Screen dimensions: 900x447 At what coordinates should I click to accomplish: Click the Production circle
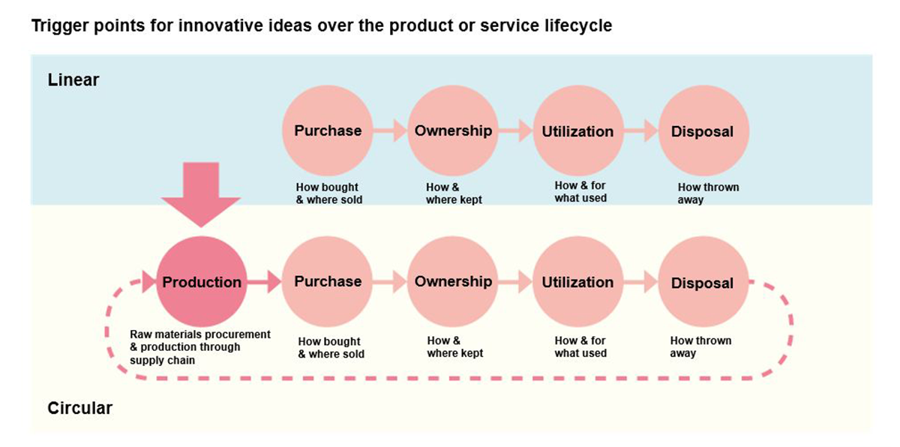pyautogui.click(x=201, y=281)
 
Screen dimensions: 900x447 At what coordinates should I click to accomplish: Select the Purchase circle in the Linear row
pyautogui.click(x=328, y=130)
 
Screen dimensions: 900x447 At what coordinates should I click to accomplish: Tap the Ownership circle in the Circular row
pyautogui.click(x=453, y=281)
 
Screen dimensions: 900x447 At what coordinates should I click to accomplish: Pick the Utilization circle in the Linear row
pyautogui.click(x=578, y=130)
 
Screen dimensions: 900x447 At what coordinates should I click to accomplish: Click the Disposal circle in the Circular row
pyautogui.click(x=703, y=281)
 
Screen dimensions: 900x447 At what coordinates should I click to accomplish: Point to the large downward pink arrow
pyautogui.click(x=201, y=194)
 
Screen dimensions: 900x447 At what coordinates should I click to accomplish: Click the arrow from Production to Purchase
pyautogui.click(x=264, y=281)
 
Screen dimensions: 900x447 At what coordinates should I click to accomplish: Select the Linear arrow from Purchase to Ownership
pyautogui.click(x=390, y=130)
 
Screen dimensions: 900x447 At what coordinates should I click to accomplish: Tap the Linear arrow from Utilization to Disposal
pyautogui.click(x=640, y=130)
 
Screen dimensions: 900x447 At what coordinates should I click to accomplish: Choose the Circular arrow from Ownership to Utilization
pyautogui.click(x=515, y=281)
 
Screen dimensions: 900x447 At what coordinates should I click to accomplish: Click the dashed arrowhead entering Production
pyautogui.click(x=149, y=281)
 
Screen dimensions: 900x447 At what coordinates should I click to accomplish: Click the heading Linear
pyautogui.click(x=73, y=80)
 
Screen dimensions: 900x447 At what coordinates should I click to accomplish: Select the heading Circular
pyautogui.click(x=80, y=408)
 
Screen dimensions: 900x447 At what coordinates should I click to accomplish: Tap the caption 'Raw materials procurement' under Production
pyautogui.click(x=200, y=334)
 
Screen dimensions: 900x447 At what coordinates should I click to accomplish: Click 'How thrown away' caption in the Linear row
pyautogui.click(x=708, y=193)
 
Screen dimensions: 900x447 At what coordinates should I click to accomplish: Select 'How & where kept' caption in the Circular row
pyautogui.click(x=454, y=346)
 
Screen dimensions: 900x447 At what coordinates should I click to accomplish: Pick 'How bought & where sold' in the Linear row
pyautogui.click(x=329, y=193)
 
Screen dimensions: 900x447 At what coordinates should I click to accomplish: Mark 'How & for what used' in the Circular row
pyautogui.click(x=580, y=346)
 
